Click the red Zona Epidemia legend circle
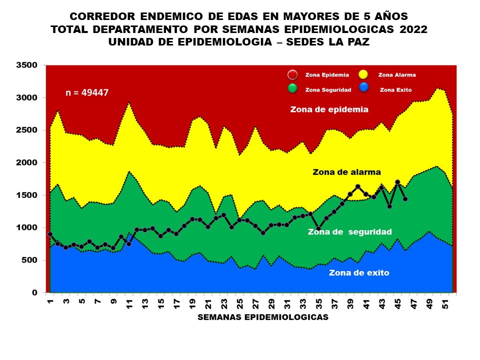coord(292,75)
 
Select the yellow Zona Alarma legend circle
coord(363,75)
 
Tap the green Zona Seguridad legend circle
coord(292,89)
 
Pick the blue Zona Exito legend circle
coord(365,88)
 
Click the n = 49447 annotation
coord(87,93)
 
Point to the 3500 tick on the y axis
coord(27,65)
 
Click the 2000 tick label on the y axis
coord(27,163)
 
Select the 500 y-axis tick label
coord(29,260)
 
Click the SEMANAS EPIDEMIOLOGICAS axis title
coord(263,317)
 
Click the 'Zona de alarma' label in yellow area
coord(346,172)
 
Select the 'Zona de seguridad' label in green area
coord(349,232)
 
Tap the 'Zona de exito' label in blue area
coord(358,273)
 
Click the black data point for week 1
coord(50,234)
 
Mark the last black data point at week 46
coord(405,199)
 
